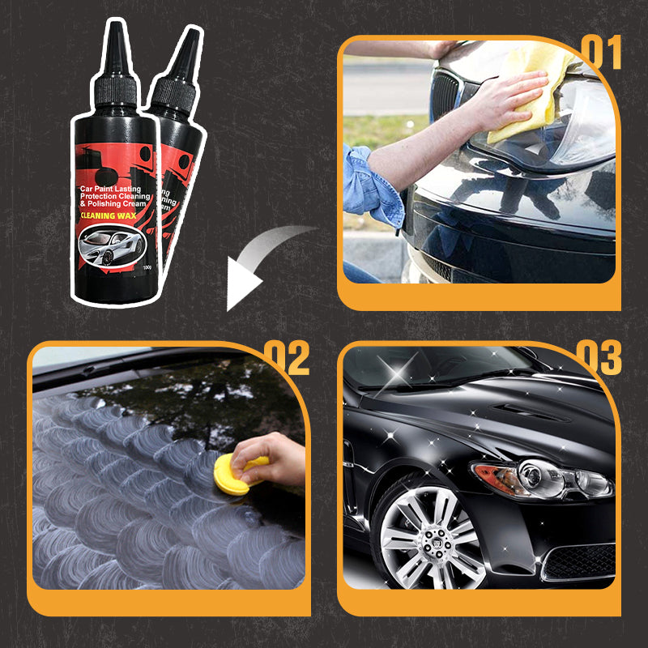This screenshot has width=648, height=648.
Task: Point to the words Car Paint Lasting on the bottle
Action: [x=109, y=188]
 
